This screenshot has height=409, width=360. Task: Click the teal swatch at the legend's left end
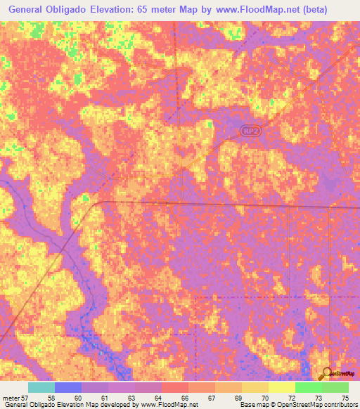[41, 387]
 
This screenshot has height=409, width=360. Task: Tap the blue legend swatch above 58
[67, 387]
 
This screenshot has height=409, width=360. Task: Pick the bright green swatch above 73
[308, 387]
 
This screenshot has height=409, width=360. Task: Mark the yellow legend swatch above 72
[281, 387]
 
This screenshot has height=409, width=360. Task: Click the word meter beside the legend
[12, 398]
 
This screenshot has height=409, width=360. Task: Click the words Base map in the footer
[252, 405]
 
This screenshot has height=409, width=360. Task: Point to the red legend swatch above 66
[174, 387]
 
